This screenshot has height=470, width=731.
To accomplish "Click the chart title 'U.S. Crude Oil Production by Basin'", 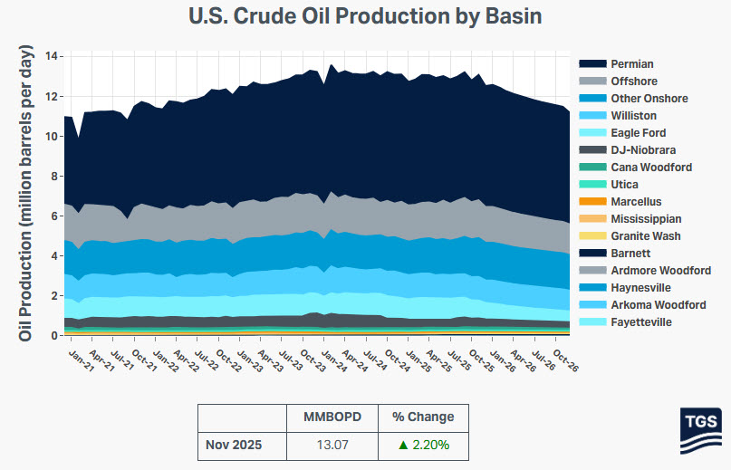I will tap(365, 16).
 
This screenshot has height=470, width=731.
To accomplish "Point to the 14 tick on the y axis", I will tap(53, 56).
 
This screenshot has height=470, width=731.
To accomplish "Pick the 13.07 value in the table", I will tap(332, 445).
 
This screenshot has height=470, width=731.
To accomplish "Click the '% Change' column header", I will tap(423, 417).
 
